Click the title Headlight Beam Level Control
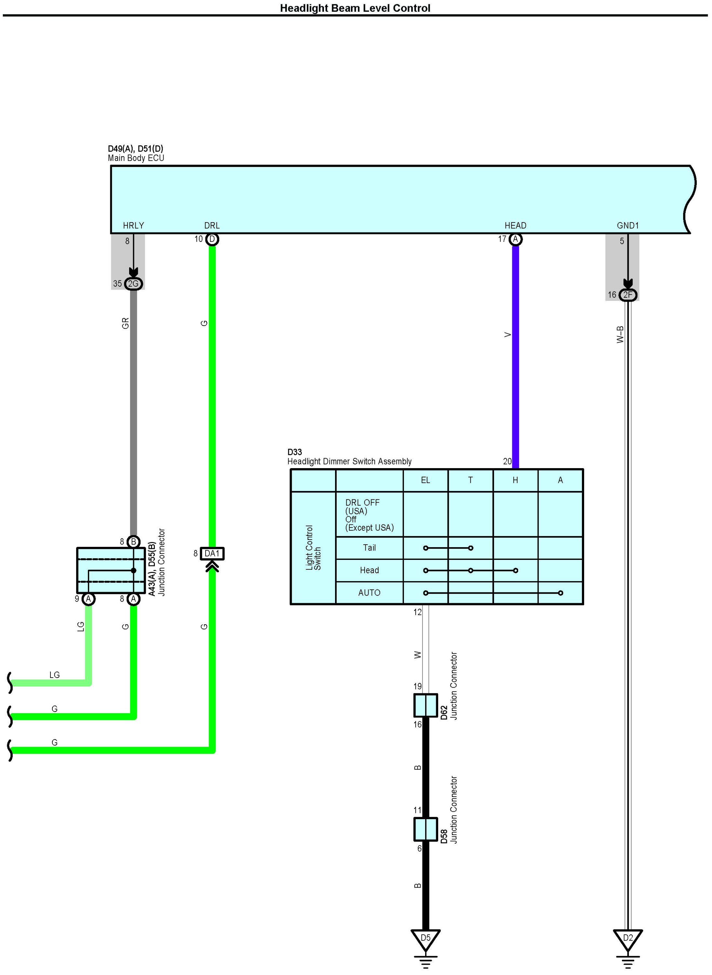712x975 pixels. [355, 8]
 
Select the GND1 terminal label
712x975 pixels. [627, 225]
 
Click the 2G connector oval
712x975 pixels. [133, 284]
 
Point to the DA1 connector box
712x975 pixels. [212, 553]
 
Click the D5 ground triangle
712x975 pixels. [425, 938]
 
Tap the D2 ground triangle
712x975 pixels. [628, 938]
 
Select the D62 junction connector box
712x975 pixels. [425, 705]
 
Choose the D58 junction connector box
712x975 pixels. [425, 829]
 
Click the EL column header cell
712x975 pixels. [425, 480]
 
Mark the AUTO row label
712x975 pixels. [369, 593]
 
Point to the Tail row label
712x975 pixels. [369, 548]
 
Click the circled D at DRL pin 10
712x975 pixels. [212, 239]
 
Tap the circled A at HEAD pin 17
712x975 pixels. [516, 239]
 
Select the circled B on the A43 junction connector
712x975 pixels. [134, 542]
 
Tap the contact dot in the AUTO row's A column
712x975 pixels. [560, 593]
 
